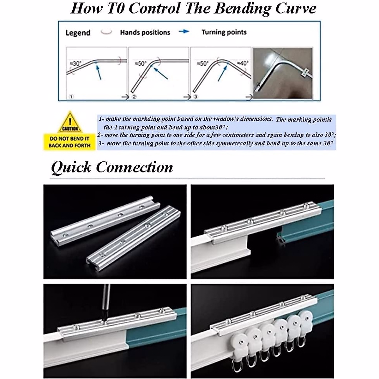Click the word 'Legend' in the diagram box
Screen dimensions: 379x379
[78, 33]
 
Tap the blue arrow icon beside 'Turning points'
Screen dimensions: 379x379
[184, 31]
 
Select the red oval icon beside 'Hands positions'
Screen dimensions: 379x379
[106, 32]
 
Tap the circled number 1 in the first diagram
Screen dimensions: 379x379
[71, 97]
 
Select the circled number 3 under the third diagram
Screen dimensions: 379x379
[195, 97]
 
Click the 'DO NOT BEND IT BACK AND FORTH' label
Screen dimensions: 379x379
[69, 142]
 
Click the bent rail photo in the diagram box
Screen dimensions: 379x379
[282, 73]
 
